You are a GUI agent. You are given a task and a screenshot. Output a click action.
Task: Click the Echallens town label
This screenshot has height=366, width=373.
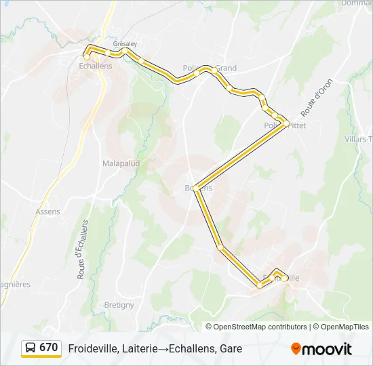point(96,66)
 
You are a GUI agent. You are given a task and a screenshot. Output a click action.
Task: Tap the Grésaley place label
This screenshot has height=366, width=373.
point(125,43)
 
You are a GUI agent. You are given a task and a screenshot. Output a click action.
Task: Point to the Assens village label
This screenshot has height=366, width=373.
point(47,211)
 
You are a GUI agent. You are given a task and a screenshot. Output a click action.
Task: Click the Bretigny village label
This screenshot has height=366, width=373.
point(119,305)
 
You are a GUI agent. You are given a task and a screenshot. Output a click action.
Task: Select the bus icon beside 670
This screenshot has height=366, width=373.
point(31,348)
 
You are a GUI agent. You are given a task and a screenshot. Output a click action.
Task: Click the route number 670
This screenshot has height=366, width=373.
point(49,348)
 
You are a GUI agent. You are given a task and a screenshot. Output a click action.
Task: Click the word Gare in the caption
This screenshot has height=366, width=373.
point(230,348)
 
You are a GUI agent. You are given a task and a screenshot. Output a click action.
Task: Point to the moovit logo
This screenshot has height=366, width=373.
point(321,348)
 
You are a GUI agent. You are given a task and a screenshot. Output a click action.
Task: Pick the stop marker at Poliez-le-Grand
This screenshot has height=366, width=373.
point(214,70)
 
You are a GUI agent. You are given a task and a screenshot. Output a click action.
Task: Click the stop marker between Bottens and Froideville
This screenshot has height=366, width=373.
point(220,247)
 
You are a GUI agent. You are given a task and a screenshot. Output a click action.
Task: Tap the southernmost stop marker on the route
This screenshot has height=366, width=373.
point(260,285)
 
